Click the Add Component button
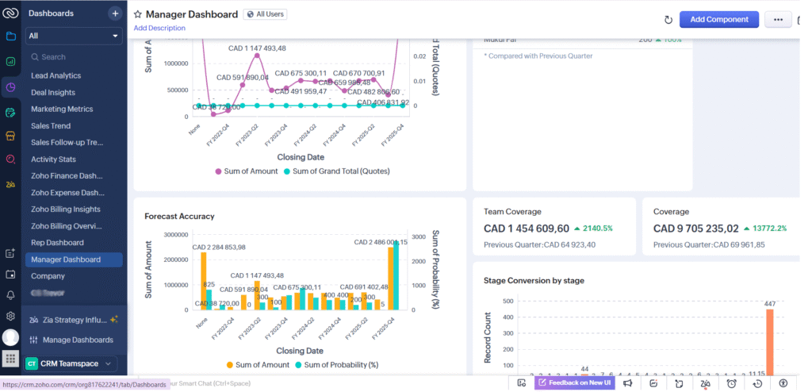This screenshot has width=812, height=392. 718,19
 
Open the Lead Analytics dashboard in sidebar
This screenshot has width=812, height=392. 56,75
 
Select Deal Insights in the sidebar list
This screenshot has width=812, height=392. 53,92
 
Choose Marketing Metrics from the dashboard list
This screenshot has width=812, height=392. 62,109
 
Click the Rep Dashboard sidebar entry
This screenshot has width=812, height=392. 57,242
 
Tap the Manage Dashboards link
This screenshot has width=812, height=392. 78,340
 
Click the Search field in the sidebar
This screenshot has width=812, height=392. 73,57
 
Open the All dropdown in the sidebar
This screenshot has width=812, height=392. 74,36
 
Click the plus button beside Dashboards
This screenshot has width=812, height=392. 115,13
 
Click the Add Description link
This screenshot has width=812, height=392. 159,28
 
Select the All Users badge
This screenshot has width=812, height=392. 265,14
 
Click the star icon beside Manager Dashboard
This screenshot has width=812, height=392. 138,14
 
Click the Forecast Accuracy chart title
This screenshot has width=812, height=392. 179,216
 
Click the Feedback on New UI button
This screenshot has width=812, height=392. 574,382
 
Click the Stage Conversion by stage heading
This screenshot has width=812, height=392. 534,280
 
